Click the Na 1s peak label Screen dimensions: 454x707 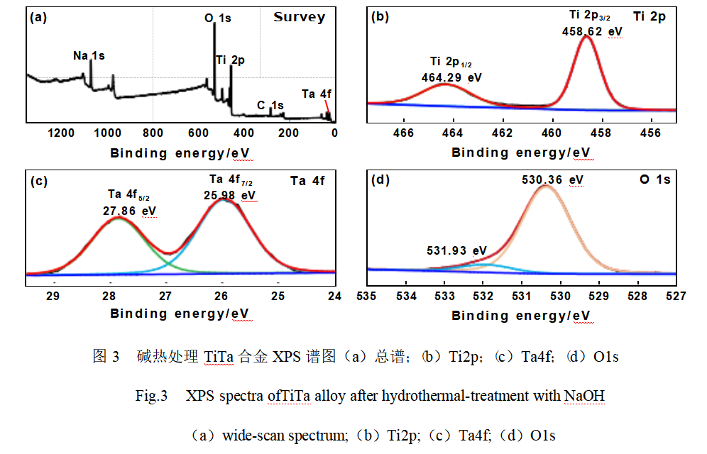(x=89, y=55)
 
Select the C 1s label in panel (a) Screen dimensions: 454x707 (x=270, y=106)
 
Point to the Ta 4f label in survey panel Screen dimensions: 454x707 (x=316, y=94)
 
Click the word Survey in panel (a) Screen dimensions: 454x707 (x=299, y=17)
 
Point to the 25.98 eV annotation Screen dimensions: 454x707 (x=229, y=194)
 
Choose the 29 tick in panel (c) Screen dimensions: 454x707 (x=53, y=295)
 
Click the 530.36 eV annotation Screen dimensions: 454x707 (x=553, y=180)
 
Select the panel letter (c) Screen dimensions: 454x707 (x=38, y=181)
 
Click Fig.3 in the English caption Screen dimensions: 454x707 (x=151, y=396)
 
